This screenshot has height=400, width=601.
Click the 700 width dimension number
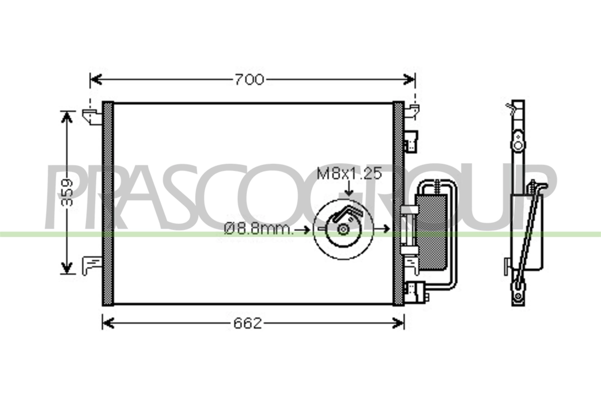pos(249,79)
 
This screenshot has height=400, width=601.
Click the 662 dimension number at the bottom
pos(248,324)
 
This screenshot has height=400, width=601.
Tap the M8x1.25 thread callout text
pos(349,174)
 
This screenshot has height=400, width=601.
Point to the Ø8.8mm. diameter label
pos(258,229)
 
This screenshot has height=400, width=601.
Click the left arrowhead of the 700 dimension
pos(96,79)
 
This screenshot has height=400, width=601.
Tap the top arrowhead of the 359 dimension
pos(66,117)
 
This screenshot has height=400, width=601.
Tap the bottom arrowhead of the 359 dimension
pos(66,267)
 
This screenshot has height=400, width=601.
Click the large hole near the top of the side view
pos(518,146)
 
